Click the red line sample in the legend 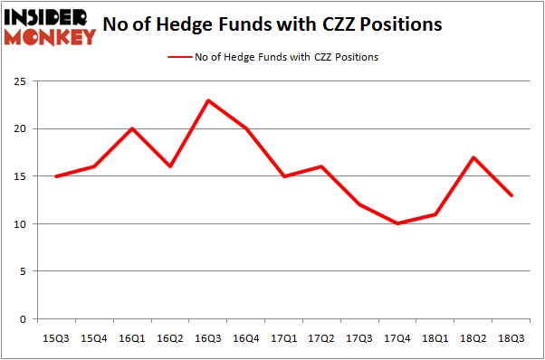[x=178, y=57]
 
